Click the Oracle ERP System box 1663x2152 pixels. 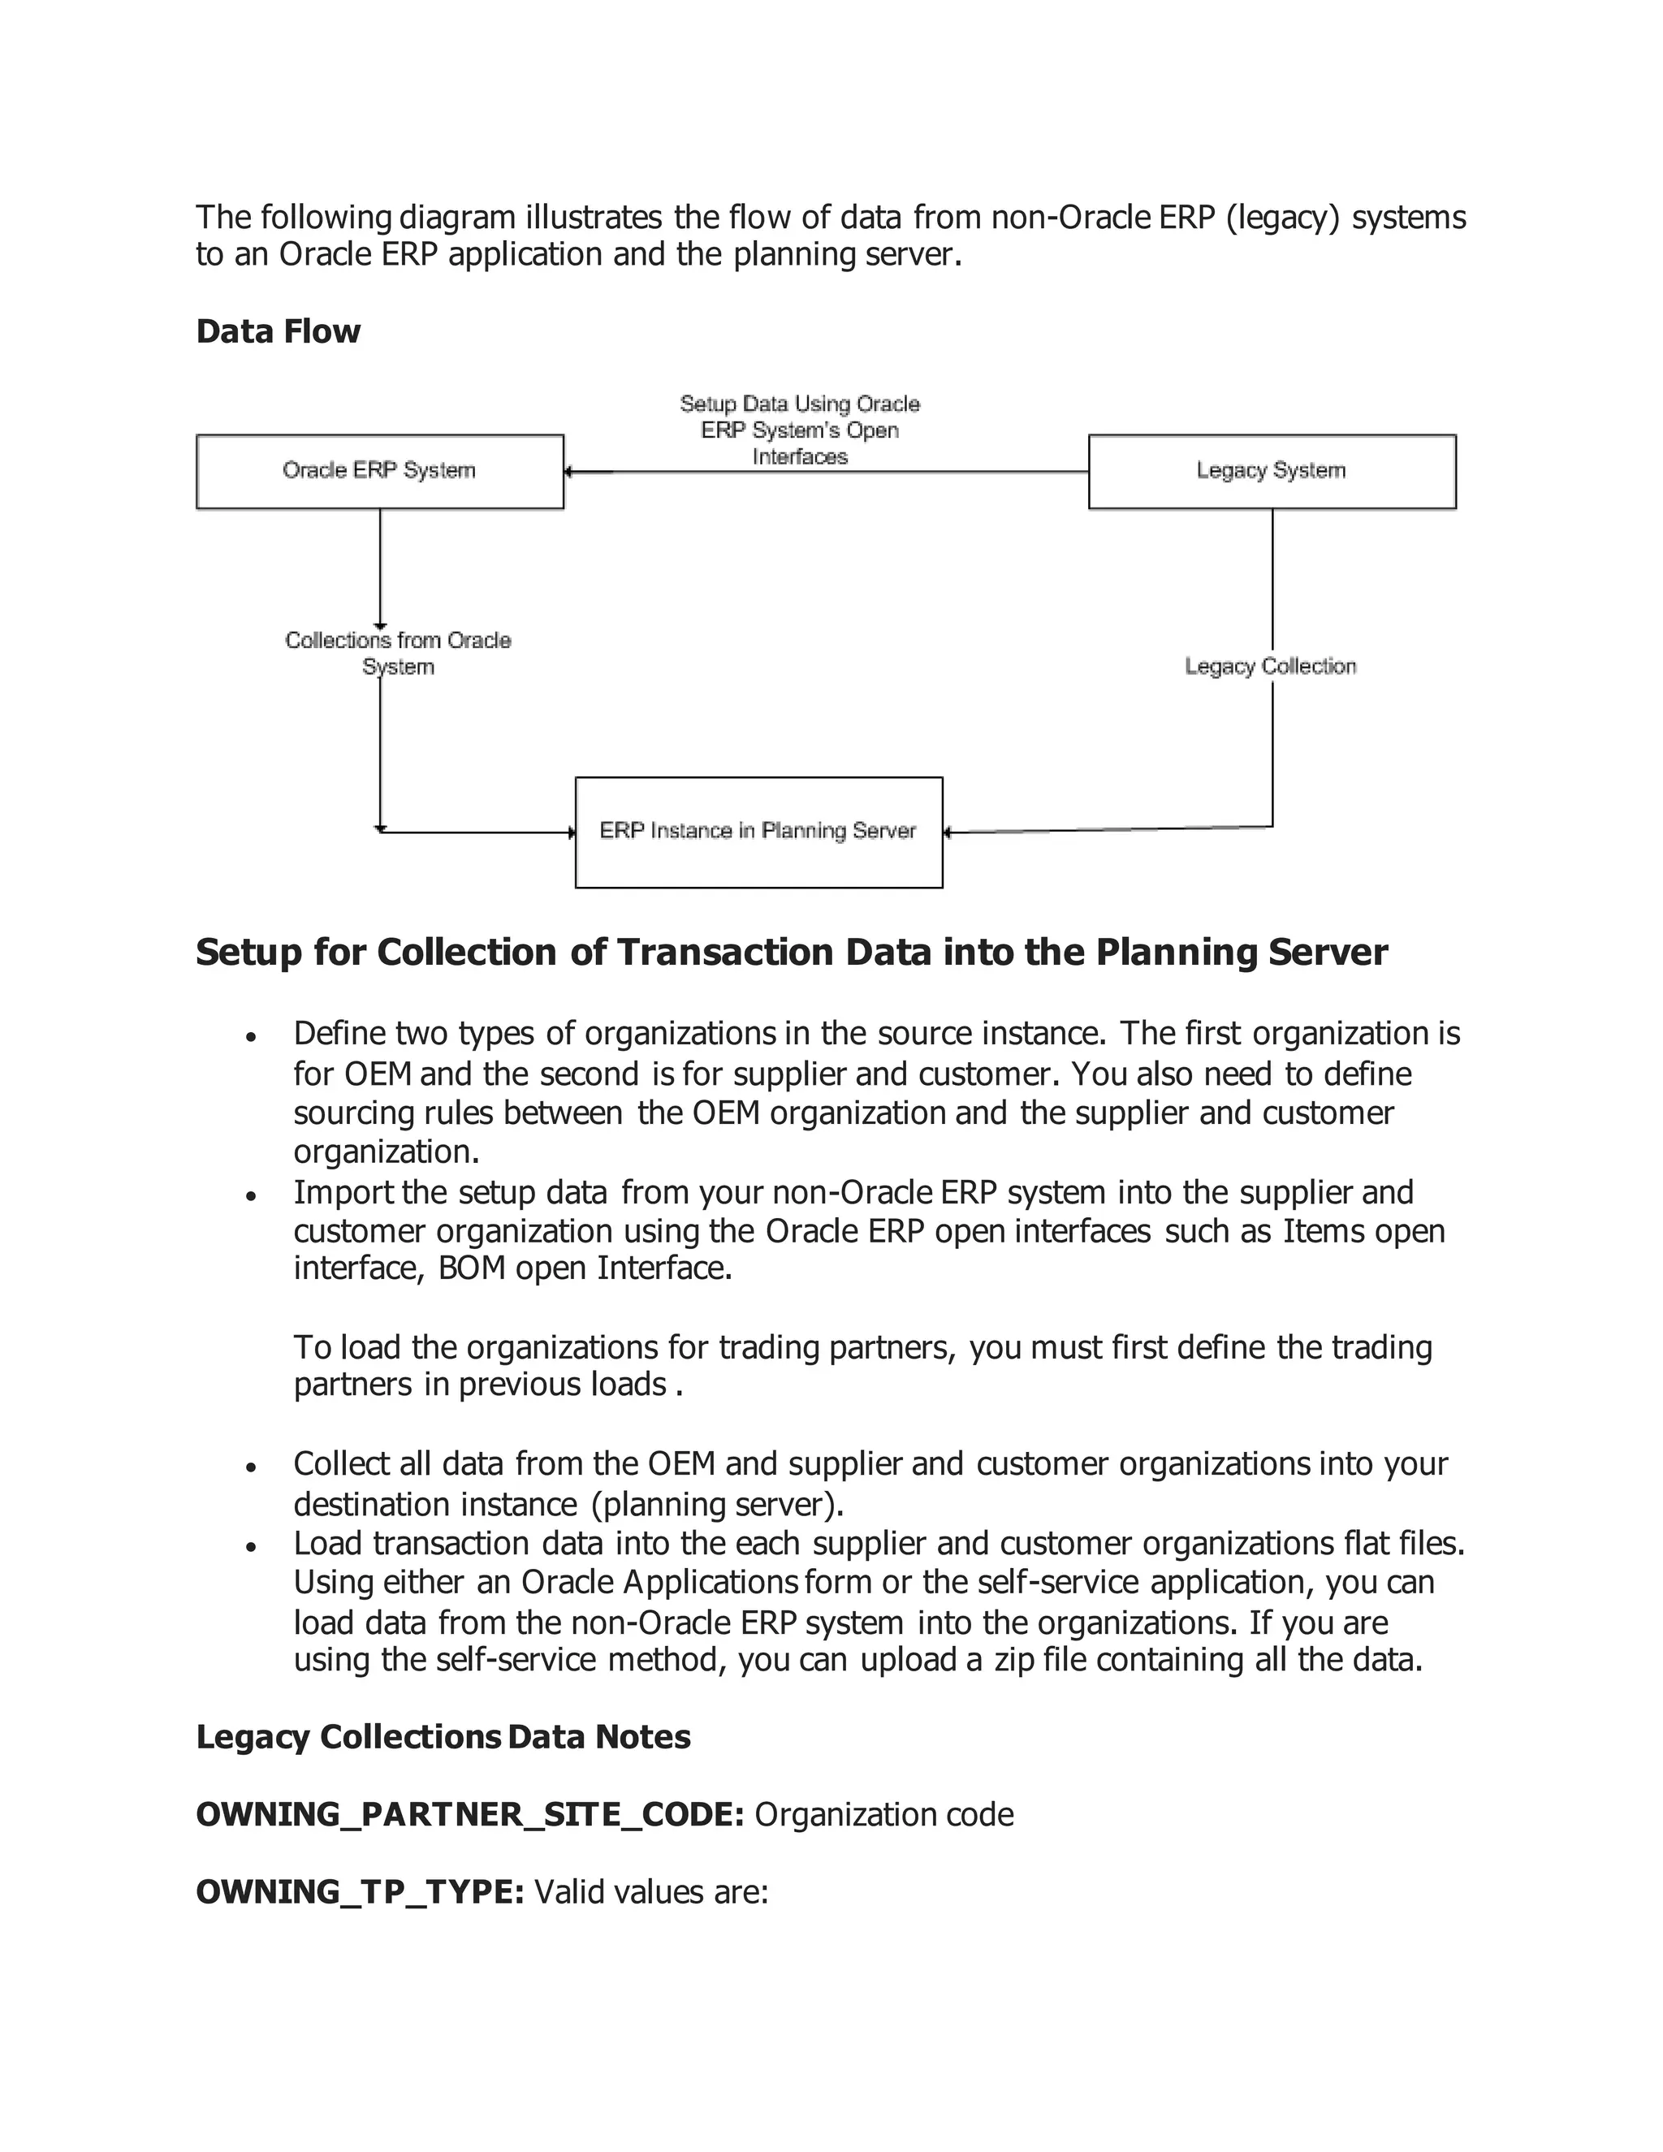click(379, 471)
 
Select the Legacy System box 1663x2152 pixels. click(1271, 471)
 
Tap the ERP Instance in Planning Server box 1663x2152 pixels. click(758, 832)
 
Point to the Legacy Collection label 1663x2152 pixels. click(1270, 667)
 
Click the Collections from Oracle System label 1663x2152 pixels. click(398, 653)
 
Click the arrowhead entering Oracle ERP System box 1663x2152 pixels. click(569, 472)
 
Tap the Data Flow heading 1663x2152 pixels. click(278, 331)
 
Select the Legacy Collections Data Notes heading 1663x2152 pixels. click(443, 1736)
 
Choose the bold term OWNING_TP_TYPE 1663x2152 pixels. click(360, 1892)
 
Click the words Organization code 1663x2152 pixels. click(883, 1814)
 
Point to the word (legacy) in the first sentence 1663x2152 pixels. click(1283, 217)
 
